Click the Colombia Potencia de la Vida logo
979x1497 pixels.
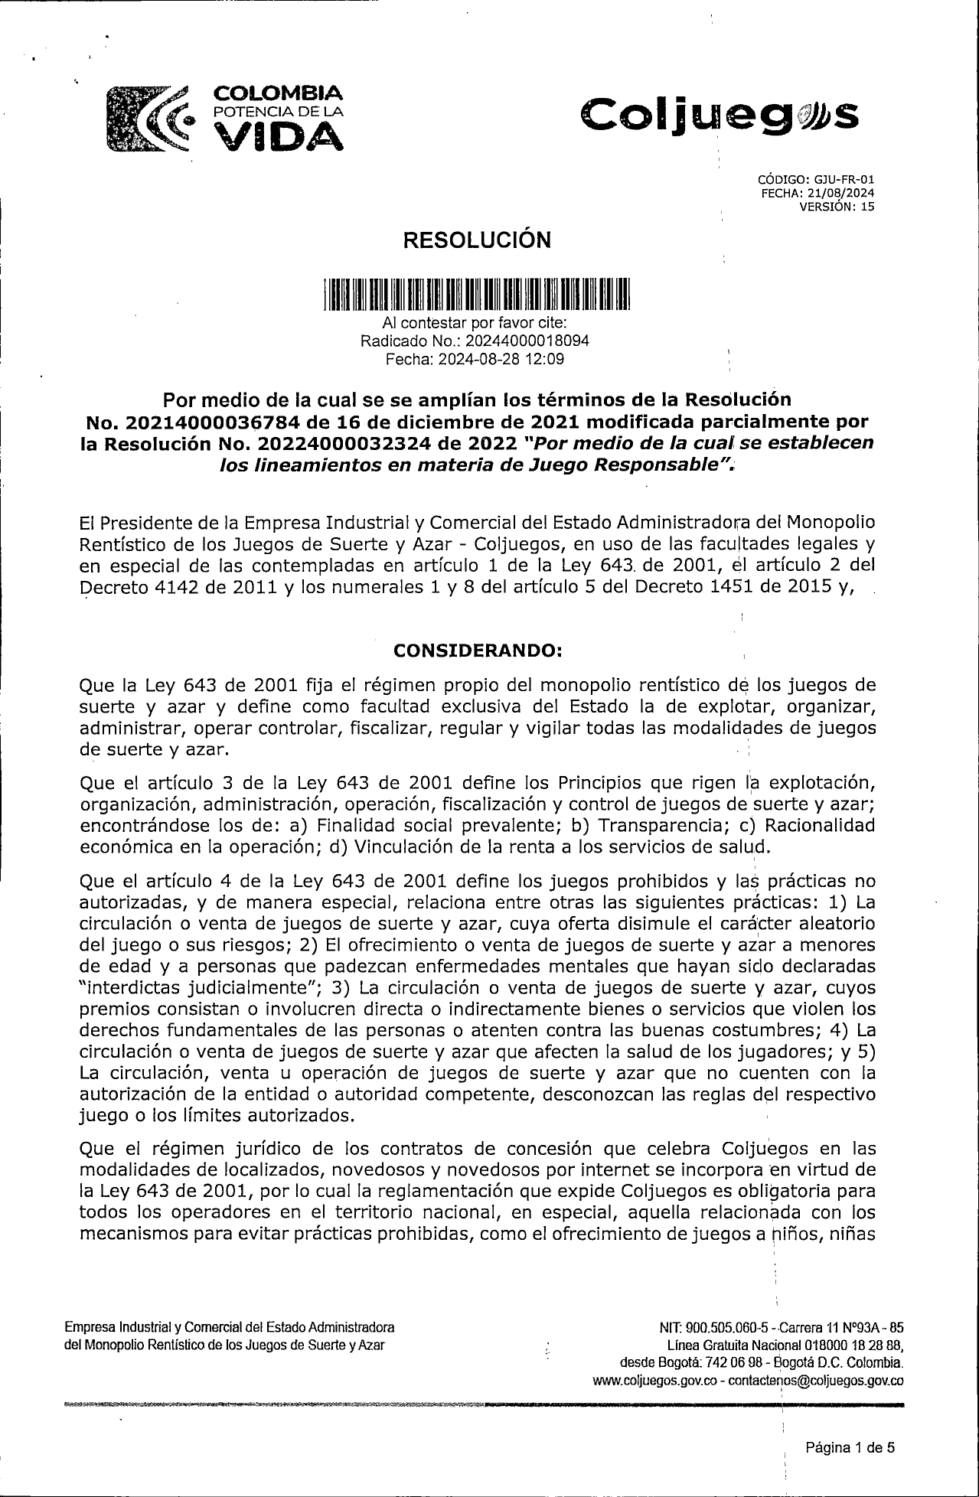coord(224,117)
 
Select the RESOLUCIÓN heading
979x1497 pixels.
coord(476,240)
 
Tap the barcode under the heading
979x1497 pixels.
coord(475,294)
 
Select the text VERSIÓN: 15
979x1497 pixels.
coord(837,206)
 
